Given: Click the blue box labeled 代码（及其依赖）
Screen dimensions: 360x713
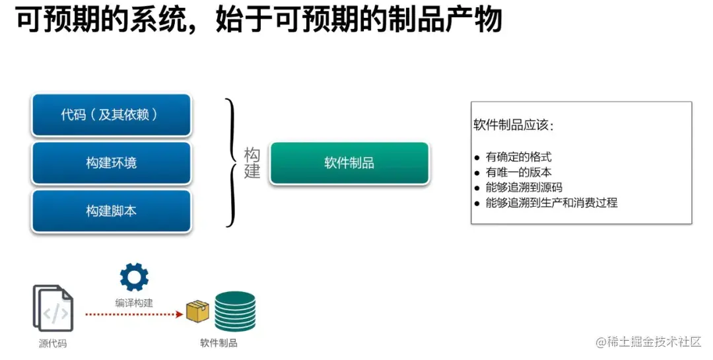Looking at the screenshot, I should tap(111, 115).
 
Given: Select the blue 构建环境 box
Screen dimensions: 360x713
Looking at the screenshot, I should tap(111, 163).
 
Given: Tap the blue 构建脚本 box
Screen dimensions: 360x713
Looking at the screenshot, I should tap(111, 211).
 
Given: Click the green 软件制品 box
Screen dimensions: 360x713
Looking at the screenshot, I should tap(349, 163).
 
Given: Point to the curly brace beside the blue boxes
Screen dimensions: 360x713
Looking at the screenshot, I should tap(230, 163).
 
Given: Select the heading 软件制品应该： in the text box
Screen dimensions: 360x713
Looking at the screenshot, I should tap(514, 126).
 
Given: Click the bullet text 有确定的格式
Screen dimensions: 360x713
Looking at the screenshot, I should tap(518, 157).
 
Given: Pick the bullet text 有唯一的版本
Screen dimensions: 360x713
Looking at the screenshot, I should tap(518, 172).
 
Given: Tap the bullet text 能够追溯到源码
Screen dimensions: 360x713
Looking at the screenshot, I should tap(524, 188).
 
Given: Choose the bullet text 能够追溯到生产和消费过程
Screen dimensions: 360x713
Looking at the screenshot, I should tap(551, 203).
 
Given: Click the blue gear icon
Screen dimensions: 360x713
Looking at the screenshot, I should tap(134, 277).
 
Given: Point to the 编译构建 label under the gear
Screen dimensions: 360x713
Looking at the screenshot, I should tap(134, 303).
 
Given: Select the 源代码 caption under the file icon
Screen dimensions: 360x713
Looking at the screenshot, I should tap(53, 343).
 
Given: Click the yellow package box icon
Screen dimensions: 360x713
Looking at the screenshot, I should tap(197, 311).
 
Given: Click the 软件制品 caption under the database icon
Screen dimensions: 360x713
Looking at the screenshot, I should tap(219, 343).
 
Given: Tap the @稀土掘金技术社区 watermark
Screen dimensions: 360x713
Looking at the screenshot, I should tap(648, 342).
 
